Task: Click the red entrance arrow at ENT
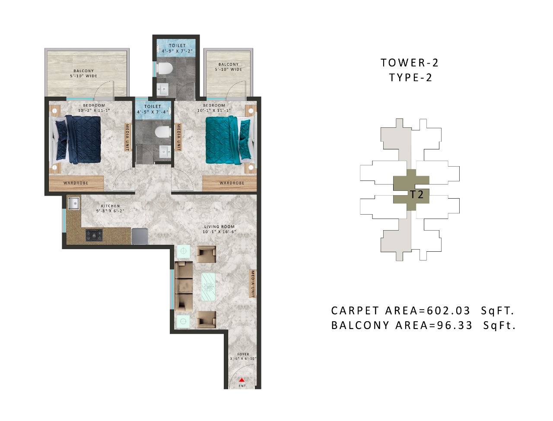pos(242,380)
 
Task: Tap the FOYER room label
pos(243,354)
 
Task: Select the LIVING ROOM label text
pos(219,227)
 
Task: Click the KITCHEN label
pos(110,206)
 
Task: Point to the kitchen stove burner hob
pos(94,235)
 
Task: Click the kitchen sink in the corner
pos(73,203)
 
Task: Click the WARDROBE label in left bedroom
pos(76,183)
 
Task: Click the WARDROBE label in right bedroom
pos(232,183)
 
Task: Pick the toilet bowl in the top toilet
pos(165,68)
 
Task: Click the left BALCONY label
pos(83,71)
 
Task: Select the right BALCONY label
pos(229,64)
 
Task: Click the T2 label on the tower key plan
pos(416,195)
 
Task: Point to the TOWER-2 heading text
pos(410,63)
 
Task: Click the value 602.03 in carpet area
pos(448,311)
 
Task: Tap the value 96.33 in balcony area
pos(454,326)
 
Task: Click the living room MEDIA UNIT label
pos(253,284)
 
